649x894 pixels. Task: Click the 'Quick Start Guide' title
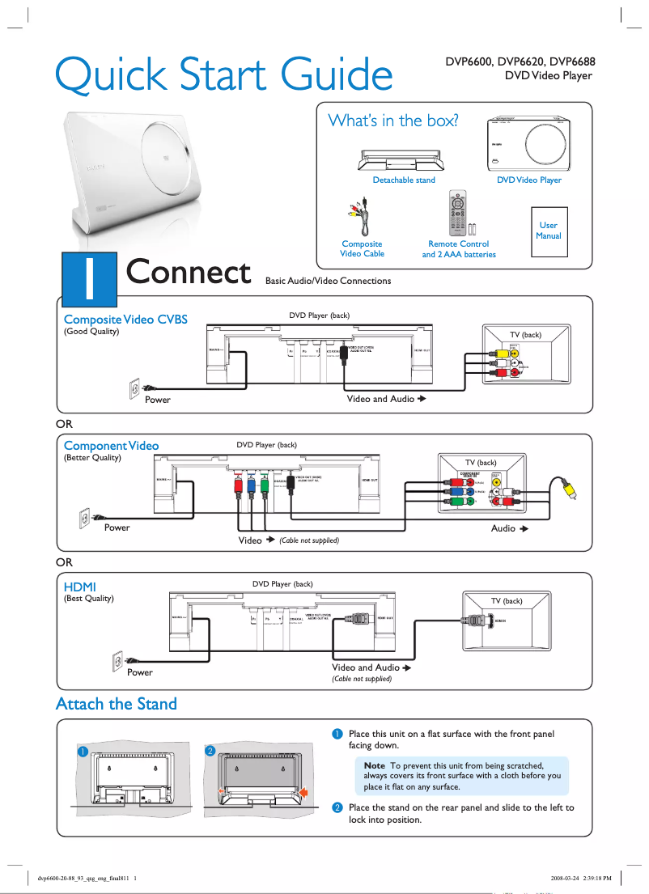tap(223, 74)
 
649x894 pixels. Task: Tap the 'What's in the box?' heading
tap(393, 121)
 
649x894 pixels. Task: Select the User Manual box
tap(548, 231)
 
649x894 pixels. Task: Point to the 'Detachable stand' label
tap(404, 180)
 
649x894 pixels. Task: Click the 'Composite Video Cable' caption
tap(362, 248)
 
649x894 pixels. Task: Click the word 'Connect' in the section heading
tap(189, 273)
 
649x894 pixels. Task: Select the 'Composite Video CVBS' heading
tap(125, 320)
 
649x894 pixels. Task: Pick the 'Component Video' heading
tap(111, 446)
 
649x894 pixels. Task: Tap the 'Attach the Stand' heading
tap(116, 704)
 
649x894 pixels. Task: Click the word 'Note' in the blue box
tap(375, 765)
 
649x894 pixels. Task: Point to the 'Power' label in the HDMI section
tap(139, 672)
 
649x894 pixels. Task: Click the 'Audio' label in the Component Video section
tap(503, 528)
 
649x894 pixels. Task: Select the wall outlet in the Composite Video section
tap(135, 390)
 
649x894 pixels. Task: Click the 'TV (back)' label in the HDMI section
tap(507, 601)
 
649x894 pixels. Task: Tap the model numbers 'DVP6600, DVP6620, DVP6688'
tap(520, 61)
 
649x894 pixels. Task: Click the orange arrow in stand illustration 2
tap(304, 793)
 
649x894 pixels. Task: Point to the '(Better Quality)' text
tap(92, 458)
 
